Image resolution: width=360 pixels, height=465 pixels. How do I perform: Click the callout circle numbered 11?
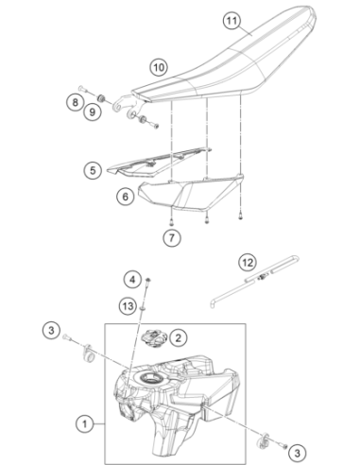tap(231, 21)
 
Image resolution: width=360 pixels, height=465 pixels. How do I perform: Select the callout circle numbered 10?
tap(159, 67)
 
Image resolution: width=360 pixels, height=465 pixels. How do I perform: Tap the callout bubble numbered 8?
tap(75, 102)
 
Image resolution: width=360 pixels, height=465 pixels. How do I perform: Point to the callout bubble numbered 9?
tap(93, 112)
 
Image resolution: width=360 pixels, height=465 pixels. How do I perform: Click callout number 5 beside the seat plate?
tap(93, 170)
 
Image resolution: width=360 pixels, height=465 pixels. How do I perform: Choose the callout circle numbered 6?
tap(126, 197)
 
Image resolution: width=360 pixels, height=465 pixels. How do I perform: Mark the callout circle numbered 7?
tap(172, 237)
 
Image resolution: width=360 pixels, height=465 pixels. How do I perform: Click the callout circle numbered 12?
tap(248, 263)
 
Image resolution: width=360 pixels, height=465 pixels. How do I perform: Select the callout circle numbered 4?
tap(132, 280)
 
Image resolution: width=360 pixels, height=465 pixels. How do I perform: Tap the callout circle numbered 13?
tap(128, 306)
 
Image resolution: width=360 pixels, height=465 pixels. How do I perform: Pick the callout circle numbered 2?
tap(179, 338)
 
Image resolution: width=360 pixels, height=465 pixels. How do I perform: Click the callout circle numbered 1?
tap(84, 424)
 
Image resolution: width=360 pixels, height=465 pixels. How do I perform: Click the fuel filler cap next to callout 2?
tap(154, 337)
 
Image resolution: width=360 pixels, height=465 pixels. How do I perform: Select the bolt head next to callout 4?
tap(148, 280)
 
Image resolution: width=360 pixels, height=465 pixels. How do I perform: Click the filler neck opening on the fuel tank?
tap(150, 377)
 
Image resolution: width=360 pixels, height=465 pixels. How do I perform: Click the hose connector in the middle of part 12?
tap(263, 277)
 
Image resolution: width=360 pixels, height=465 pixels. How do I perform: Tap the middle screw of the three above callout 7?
tap(207, 219)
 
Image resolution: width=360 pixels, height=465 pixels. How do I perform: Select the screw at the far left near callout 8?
tap(82, 89)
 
